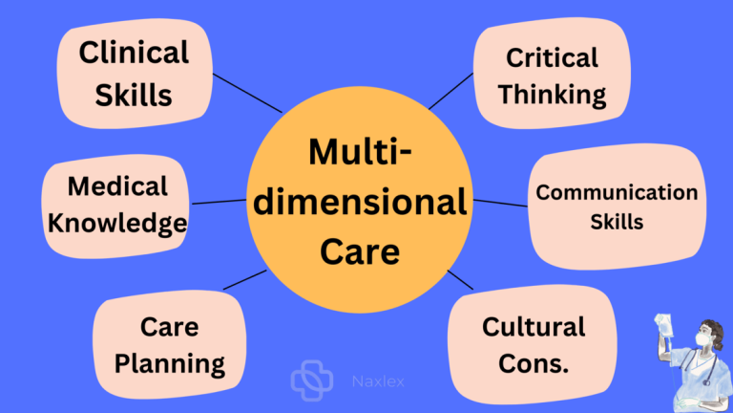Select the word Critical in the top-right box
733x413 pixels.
click(552, 56)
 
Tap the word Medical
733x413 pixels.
click(117, 186)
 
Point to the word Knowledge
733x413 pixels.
click(117, 224)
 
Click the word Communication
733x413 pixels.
click(617, 192)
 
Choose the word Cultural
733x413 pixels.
click(533, 327)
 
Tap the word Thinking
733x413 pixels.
click(552, 94)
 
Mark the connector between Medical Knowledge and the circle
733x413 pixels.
click(219, 201)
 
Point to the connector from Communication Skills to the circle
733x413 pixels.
click(501, 203)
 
